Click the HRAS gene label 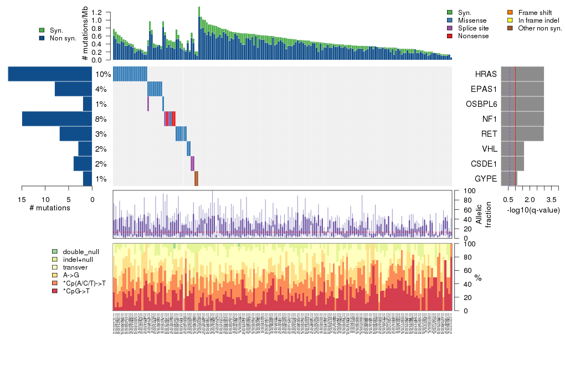(x=486, y=74)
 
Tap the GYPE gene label (x=486, y=179)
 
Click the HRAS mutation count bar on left (x=50, y=74)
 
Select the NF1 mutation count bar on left (x=57, y=119)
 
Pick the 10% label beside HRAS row (x=103, y=75)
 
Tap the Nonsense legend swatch (x=450, y=36)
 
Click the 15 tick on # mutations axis (x=22, y=200)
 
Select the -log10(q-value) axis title (x=533, y=210)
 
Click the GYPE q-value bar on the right (x=509, y=179)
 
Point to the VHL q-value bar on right (x=512, y=149)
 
